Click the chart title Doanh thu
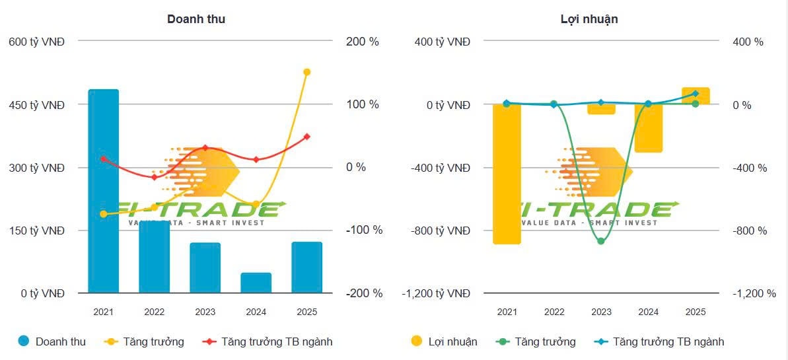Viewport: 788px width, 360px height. [196, 19]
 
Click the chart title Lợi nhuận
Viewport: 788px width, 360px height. [589, 19]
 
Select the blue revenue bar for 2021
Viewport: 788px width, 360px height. [103, 192]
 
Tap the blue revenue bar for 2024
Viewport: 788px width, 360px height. [256, 283]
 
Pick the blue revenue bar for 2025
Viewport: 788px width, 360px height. [306, 268]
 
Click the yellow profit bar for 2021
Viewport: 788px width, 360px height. [507, 174]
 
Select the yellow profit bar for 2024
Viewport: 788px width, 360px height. [649, 128]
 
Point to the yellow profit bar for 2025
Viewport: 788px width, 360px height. [696, 96]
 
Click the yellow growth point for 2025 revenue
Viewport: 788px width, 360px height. [306, 72]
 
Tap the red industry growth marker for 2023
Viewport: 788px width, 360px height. [205, 148]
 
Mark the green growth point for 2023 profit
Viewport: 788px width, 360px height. [601, 241]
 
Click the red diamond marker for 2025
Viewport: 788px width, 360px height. [306, 137]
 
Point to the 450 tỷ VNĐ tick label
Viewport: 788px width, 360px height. [36, 104]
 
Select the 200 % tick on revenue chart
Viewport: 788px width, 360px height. [363, 42]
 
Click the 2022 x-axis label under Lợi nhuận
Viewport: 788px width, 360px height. [554, 312]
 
